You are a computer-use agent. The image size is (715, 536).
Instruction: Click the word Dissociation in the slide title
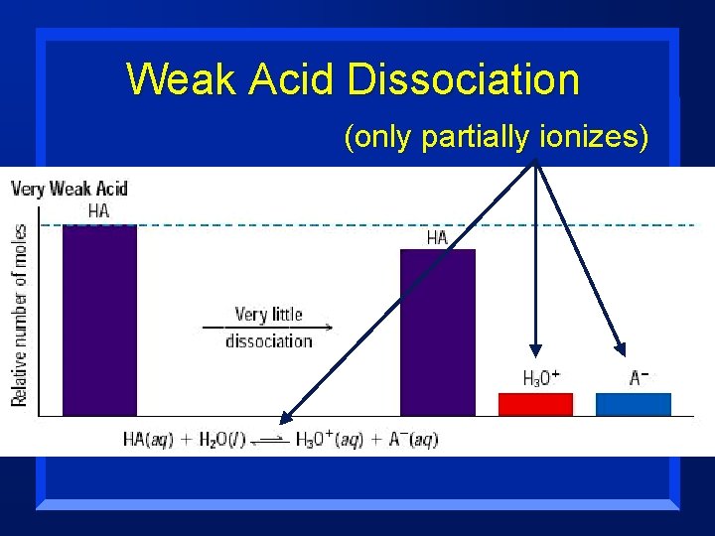point(464,78)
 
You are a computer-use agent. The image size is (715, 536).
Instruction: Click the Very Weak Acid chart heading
point(70,188)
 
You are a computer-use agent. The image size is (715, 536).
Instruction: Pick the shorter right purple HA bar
point(437,332)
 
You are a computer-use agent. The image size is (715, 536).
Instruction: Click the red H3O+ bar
point(535,404)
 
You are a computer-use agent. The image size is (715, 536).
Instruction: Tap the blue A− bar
point(633,404)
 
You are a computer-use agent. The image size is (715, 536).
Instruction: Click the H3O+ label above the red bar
point(541,378)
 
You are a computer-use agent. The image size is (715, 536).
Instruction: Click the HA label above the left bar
point(98,211)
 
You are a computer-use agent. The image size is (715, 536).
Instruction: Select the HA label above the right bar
point(437,237)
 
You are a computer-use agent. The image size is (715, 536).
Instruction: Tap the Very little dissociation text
point(268,328)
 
